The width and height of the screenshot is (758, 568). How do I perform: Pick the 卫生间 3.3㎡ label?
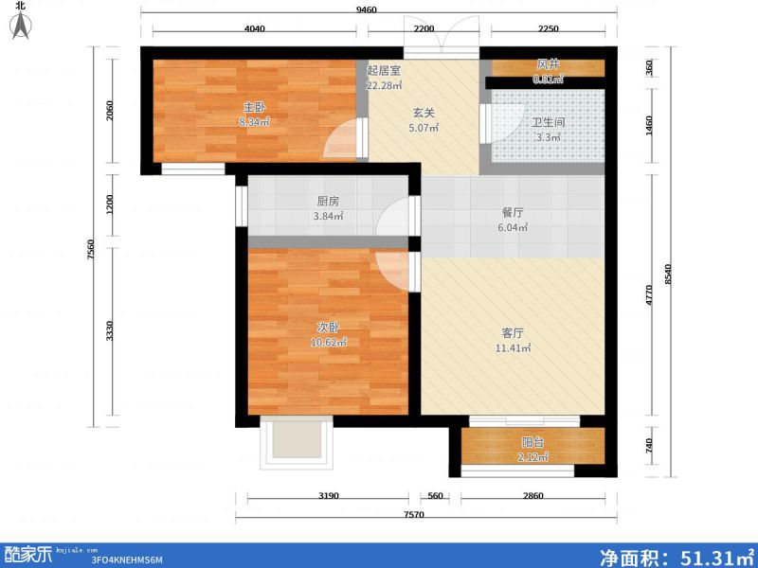(x=547, y=129)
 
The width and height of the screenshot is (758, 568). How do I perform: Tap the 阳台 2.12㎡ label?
(x=532, y=449)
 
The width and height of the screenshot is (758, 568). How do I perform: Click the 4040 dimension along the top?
(x=254, y=28)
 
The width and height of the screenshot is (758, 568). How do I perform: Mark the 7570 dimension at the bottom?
(x=412, y=515)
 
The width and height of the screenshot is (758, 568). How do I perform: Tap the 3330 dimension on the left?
(x=110, y=331)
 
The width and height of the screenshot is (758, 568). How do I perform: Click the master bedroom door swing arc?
(x=338, y=145)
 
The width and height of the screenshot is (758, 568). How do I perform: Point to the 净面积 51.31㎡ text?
(x=675, y=556)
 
